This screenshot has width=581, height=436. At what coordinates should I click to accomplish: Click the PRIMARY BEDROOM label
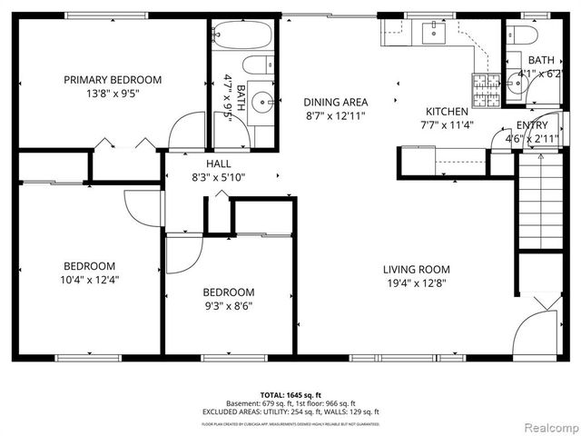[x=113, y=79]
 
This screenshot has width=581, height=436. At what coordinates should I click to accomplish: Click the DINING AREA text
[x=335, y=103]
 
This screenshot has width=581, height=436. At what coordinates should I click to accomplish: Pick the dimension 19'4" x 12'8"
[x=416, y=282]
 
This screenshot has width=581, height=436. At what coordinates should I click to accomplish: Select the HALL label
[x=218, y=163]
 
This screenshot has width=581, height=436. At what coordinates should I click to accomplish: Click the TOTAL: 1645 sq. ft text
[x=290, y=395]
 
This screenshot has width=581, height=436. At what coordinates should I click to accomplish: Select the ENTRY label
[x=531, y=125]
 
